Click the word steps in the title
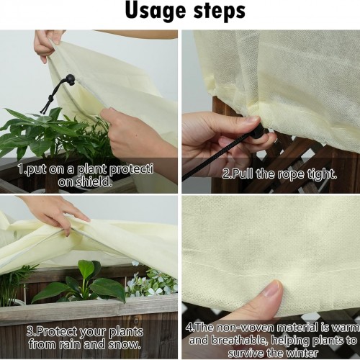point(220,12)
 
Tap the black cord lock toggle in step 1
point(70,78)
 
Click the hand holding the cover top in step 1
point(47,45)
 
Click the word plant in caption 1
point(92,170)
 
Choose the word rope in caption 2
point(289,174)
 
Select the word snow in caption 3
point(125,344)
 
